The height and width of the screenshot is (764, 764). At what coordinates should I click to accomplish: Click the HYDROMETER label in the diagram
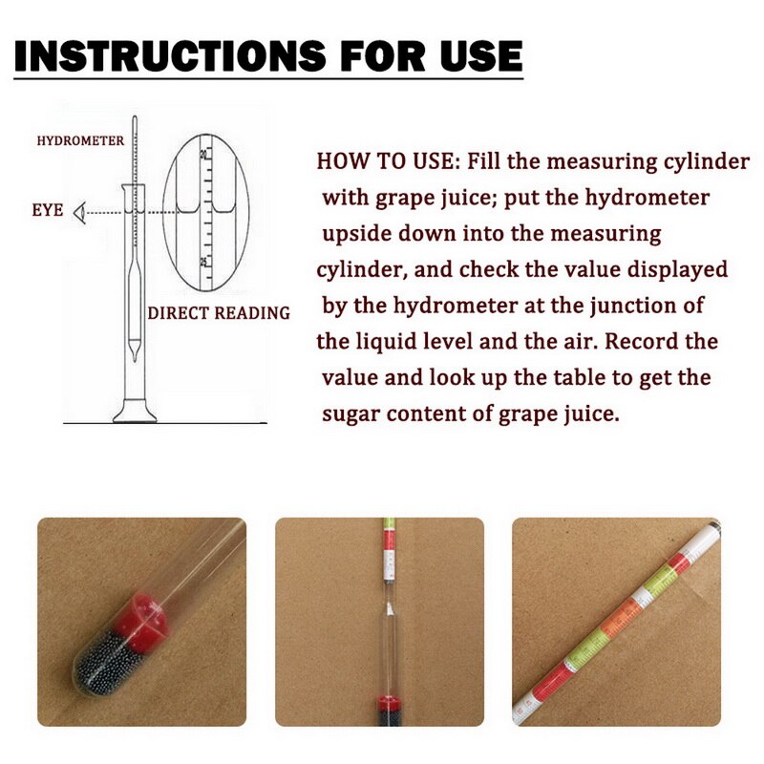click(80, 141)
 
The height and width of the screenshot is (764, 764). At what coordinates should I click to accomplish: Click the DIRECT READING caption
click(219, 313)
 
